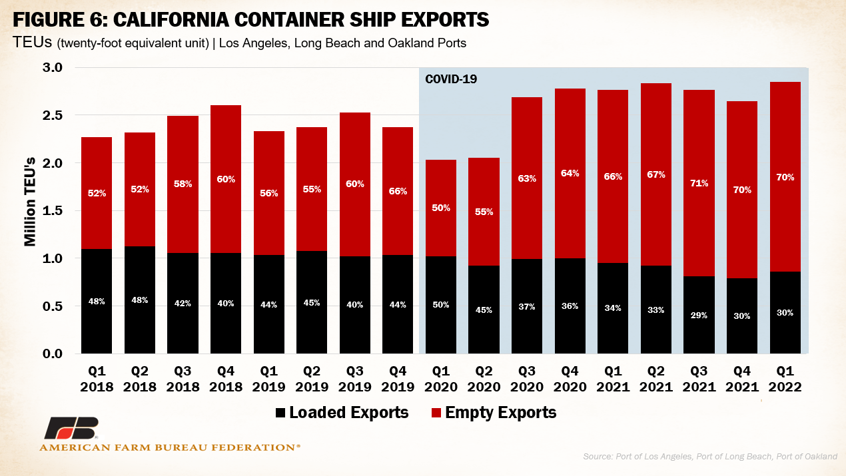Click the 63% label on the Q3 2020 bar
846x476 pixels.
pos(526,178)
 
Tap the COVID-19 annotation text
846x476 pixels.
pos(451,79)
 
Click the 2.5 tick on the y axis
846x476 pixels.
pos(53,116)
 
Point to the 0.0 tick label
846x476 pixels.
pos(53,354)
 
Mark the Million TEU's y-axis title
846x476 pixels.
pos(30,203)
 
